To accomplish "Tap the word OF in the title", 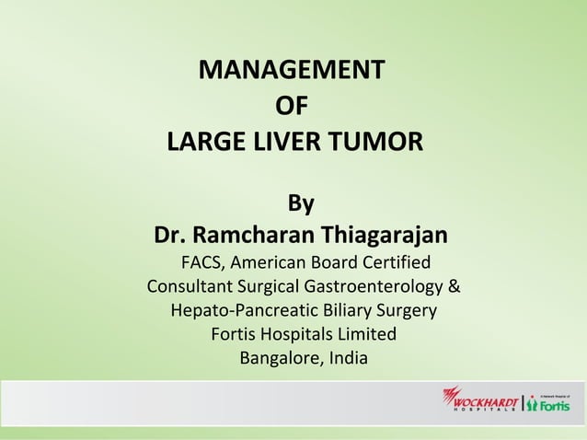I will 292,106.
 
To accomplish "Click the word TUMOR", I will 379,143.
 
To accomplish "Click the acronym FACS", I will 203,261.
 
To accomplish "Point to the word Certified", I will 386,261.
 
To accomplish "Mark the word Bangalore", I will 277,357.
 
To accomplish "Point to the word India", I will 346,357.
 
